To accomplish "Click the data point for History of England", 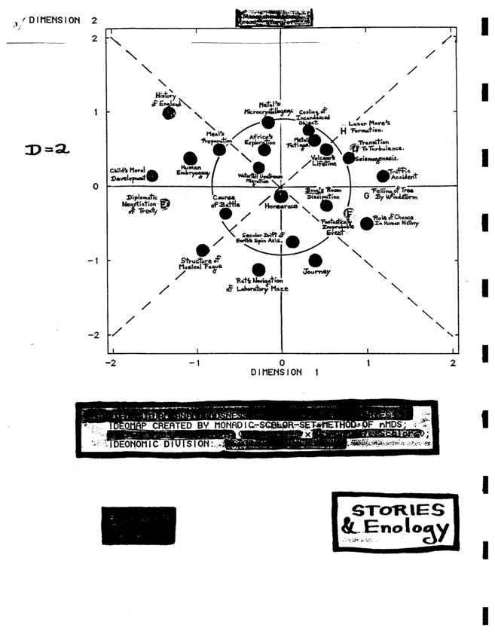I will click(170, 113).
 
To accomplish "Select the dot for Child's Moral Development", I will click(152, 176).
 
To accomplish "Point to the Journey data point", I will click(315, 261).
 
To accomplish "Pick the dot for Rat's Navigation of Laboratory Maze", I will click(258, 270).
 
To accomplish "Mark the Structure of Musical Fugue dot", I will click(203, 251).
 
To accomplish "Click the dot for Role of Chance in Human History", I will click(367, 224).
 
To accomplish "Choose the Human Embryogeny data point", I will click(190, 158).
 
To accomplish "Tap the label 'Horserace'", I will click(280, 205).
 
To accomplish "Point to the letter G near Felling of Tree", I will click(366, 196).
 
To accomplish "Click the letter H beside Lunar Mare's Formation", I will click(343, 131).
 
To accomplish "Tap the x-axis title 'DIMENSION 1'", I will click(276, 373).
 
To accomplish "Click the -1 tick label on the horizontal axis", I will click(196, 363).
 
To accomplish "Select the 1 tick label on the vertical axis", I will click(96, 112).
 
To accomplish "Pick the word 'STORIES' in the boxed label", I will click(394, 509).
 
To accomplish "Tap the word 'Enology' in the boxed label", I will click(407, 529).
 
